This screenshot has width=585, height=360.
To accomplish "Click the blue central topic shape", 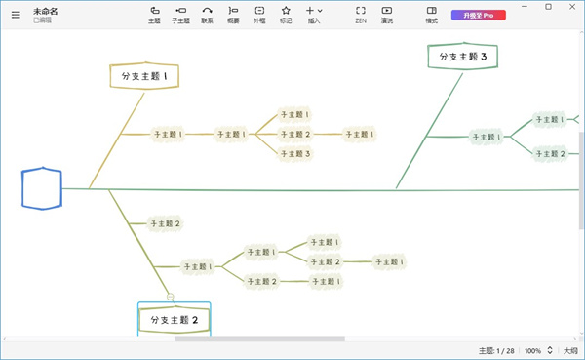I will [x=42, y=188].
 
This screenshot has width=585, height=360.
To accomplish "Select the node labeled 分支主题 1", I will [x=145, y=75].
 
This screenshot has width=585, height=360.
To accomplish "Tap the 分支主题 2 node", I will [x=175, y=320].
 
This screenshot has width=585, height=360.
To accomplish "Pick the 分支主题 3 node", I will [x=463, y=57].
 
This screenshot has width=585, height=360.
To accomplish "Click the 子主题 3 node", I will [x=294, y=153].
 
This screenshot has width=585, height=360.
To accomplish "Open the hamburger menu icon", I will [x=15, y=15].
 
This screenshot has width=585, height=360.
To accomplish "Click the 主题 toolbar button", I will [x=155, y=14].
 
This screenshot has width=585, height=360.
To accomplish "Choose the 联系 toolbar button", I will [x=207, y=14].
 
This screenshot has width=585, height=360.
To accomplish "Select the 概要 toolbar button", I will [x=233, y=14].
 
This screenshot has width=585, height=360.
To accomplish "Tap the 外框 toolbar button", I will [x=259, y=14].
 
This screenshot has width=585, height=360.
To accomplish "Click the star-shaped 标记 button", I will [x=286, y=14].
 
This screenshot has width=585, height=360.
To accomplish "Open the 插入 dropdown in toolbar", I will [x=314, y=14].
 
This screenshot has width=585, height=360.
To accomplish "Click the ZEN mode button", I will [x=361, y=14].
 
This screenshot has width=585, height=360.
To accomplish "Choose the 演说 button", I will [x=387, y=14].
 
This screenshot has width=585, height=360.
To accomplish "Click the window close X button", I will [x=569, y=7].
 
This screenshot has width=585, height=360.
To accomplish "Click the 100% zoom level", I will [x=533, y=350].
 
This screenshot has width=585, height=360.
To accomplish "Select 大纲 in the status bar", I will [x=569, y=350].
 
